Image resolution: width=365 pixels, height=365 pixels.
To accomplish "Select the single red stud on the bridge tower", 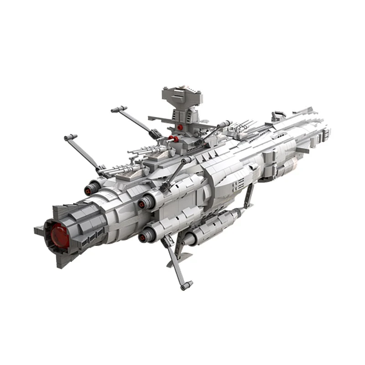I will (x=181, y=127).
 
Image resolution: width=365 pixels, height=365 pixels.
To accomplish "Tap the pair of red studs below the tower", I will (x=173, y=138).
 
